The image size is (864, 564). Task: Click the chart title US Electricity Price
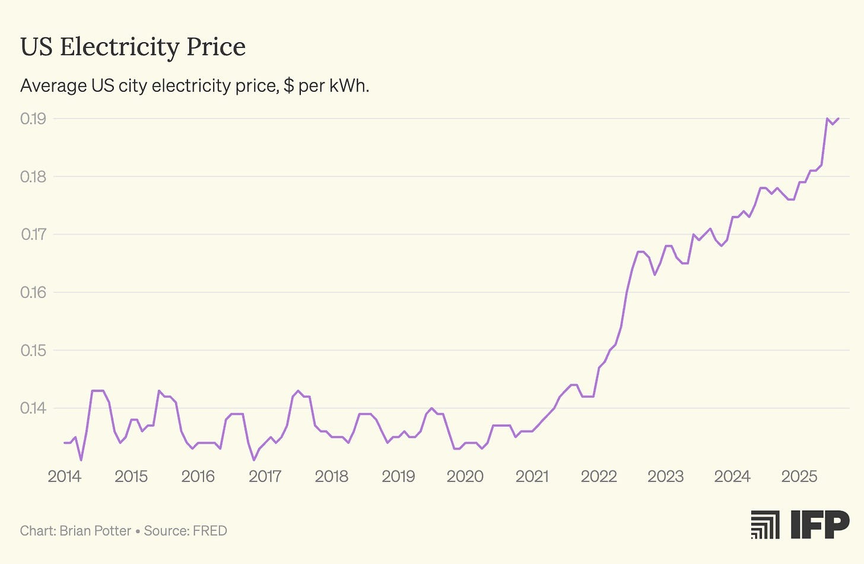tap(133, 47)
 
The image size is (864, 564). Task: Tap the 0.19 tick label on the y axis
tap(33, 119)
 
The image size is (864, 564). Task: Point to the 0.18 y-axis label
tap(33, 177)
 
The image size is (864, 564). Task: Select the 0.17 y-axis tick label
tap(33, 234)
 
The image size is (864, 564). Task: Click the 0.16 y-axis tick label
tap(33, 292)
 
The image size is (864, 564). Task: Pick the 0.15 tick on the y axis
tap(33, 350)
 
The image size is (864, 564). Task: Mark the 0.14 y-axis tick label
tap(33, 408)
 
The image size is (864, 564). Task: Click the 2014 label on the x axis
tap(64, 476)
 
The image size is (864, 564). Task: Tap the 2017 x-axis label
tap(265, 476)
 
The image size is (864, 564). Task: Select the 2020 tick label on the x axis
tap(465, 476)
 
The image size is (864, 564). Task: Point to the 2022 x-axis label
tap(599, 476)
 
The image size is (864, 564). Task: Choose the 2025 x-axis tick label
tap(799, 476)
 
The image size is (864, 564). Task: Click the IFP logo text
tap(820, 524)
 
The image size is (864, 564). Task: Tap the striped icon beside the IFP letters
tap(765, 524)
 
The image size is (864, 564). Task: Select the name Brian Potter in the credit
tap(95, 531)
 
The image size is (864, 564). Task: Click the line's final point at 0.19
tap(838, 119)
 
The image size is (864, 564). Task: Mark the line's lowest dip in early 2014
tap(81, 460)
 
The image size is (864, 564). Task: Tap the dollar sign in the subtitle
tap(288, 86)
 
